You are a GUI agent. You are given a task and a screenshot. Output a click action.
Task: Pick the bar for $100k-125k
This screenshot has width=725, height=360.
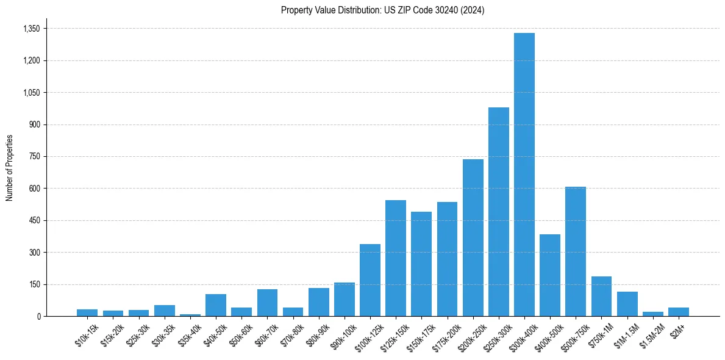pyautogui.click(x=370, y=280)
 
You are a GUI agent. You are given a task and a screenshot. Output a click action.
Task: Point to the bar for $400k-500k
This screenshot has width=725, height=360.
pyautogui.click(x=549, y=275)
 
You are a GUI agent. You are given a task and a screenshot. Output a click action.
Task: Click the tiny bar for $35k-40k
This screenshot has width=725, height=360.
pyautogui.click(x=190, y=315)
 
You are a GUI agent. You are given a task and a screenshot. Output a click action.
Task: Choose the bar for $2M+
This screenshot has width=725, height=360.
pyautogui.click(x=678, y=312)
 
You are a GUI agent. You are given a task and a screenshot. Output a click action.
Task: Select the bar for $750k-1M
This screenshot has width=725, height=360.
pyautogui.click(x=601, y=297)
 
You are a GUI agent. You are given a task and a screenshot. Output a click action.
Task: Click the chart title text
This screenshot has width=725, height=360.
pyautogui.click(x=382, y=10)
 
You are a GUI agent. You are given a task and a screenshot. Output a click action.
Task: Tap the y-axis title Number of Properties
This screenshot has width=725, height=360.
pyautogui.click(x=10, y=168)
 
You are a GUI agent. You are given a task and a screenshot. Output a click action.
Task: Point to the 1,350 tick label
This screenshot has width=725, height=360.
pyautogui.click(x=31, y=29)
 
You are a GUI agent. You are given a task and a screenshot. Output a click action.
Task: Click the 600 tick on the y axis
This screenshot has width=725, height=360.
pyautogui.click(x=34, y=189)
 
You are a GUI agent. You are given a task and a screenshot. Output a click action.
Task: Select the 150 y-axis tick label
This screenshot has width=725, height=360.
pyautogui.click(x=34, y=284)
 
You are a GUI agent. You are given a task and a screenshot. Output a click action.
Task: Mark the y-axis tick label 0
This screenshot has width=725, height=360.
pyautogui.click(x=38, y=316)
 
